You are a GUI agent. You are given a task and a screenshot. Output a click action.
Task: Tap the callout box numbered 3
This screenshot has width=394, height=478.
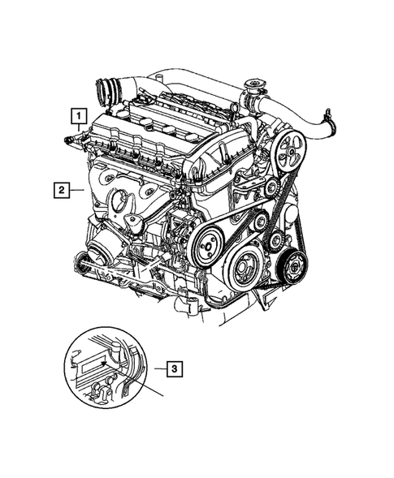173,368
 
